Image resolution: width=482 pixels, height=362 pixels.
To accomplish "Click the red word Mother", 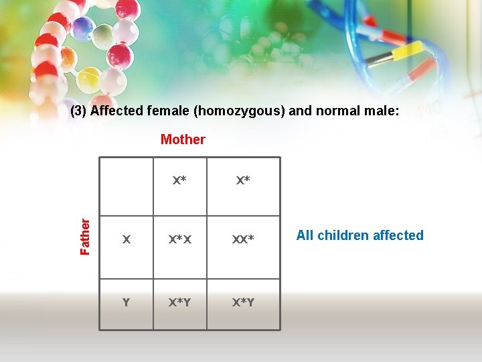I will coord(183,139).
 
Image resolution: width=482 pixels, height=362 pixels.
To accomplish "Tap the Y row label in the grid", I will coord(126,302).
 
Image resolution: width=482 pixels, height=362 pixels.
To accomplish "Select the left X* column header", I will coord(179,180).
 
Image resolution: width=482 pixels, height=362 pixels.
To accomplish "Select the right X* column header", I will coord(243,180).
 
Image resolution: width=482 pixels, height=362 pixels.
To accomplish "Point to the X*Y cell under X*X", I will coord(179,302).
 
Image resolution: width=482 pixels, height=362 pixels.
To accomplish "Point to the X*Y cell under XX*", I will coord(243,302).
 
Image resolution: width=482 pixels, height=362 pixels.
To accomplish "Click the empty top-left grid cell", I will coord(126,186).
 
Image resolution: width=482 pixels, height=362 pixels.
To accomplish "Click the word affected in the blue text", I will coord(399,235).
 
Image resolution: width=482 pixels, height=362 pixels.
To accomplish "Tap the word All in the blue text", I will coord(305,235).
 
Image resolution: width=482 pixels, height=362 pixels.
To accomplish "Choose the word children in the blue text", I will coord(344,235).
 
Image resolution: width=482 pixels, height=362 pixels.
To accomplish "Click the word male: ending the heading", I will coord(384,111).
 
